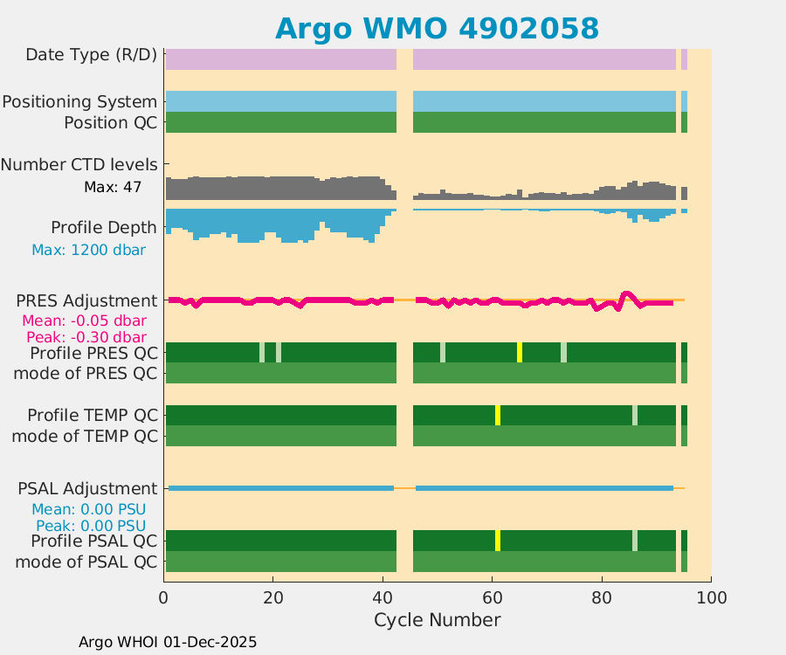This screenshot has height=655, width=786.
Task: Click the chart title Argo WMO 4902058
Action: pyautogui.click(x=437, y=28)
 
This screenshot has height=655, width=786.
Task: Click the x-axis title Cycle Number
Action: pyautogui.click(x=437, y=620)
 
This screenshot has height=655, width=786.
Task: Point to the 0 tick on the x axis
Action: pyautogui.click(x=164, y=598)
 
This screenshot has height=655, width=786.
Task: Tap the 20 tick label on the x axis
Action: pyautogui.click(x=273, y=598)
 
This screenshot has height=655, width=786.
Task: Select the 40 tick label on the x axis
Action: pyautogui.click(x=383, y=598)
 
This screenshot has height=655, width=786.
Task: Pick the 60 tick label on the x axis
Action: pyautogui.click(x=492, y=598)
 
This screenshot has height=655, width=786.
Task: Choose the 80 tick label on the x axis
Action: pyautogui.click(x=601, y=598)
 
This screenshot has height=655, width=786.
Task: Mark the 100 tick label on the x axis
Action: pyautogui.click(x=710, y=598)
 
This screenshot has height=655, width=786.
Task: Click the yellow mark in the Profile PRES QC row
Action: pyautogui.click(x=520, y=352)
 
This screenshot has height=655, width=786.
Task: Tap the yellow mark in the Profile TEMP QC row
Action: pyautogui.click(x=498, y=415)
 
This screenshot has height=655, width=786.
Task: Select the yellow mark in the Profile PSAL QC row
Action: pyautogui.click(x=498, y=540)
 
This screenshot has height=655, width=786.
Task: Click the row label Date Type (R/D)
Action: pyautogui.click(x=92, y=54)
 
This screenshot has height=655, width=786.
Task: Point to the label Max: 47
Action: pyautogui.click(x=113, y=187)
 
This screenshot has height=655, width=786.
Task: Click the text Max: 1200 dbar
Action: pyautogui.click(x=88, y=250)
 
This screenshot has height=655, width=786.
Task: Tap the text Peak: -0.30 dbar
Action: pyautogui.click(x=85, y=337)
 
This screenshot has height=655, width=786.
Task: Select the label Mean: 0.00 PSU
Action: pyautogui.click(x=88, y=509)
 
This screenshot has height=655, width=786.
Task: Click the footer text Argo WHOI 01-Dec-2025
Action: pyautogui.click(x=168, y=642)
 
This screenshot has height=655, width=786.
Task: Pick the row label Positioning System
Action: pyautogui.click(x=79, y=102)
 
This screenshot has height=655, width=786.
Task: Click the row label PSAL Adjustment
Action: pyautogui.click(x=87, y=488)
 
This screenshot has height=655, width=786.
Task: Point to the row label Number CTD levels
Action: pyautogui.click(x=79, y=164)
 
